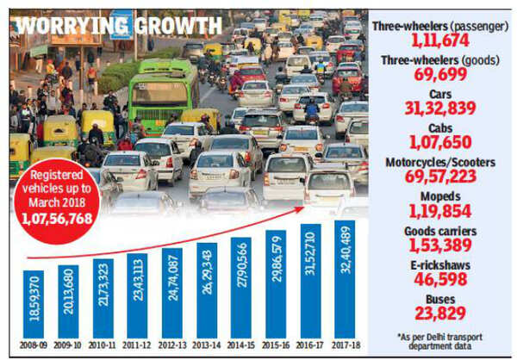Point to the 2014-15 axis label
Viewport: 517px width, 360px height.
click(240, 345)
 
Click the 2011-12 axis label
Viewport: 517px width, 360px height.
click(137, 345)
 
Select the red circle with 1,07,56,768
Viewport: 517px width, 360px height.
click(58, 203)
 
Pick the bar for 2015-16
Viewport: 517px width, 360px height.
click(275, 289)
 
